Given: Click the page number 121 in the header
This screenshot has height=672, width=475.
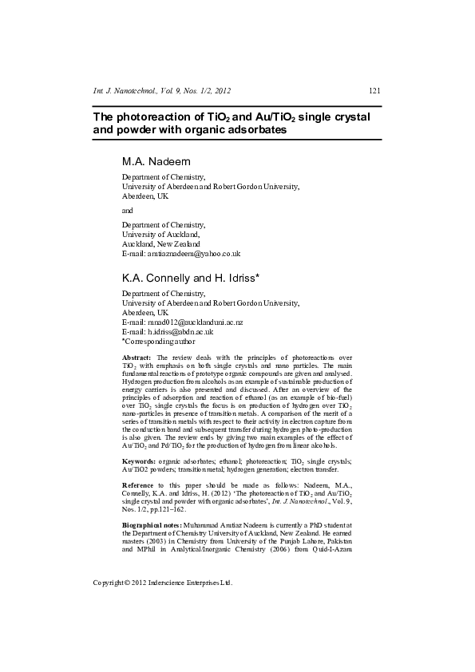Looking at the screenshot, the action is click(374, 90).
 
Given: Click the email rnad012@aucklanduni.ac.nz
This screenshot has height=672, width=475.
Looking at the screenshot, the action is click(182, 322).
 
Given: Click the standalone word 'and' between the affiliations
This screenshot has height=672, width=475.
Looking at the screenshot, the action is click(128, 210).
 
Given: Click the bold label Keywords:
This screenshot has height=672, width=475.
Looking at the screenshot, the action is click(139, 439).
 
